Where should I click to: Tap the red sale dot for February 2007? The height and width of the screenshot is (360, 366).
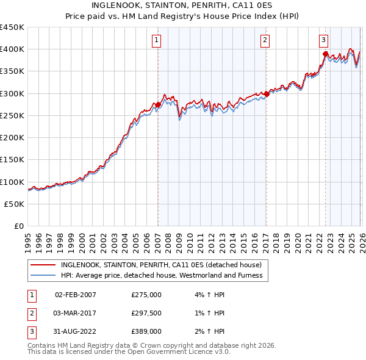tap(158, 105)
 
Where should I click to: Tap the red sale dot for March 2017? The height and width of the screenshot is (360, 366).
tap(267, 95)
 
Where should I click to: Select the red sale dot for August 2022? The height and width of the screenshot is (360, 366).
tap(325, 54)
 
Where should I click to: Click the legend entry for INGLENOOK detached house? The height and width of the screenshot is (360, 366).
tap(161, 265)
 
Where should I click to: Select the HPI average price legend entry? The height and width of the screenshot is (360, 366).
tap(161, 276)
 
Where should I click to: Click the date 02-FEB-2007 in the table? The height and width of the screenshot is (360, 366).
tap(76, 295)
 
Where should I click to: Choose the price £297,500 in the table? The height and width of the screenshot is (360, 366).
tap(146, 313)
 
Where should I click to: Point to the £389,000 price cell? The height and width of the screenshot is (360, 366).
tap(146, 331)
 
